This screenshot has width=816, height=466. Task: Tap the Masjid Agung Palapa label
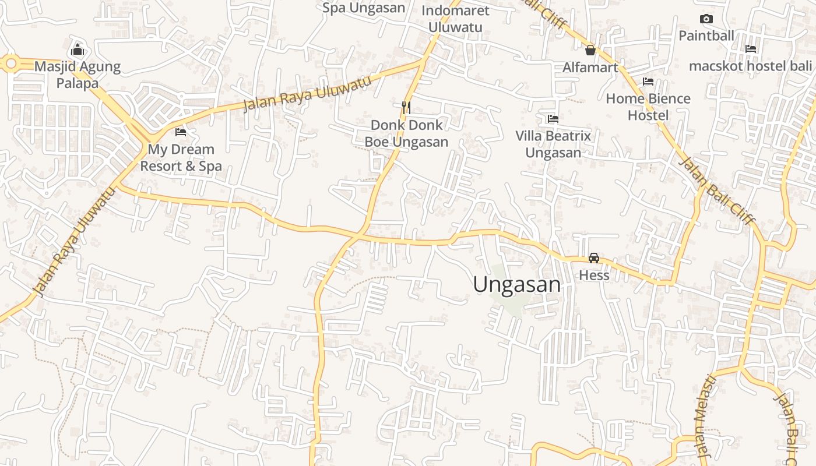coord(78,75)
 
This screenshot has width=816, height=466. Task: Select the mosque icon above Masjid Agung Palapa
coord(78,50)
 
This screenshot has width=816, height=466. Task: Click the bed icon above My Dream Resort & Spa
coord(181,132)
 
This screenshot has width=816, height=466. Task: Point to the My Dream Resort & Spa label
coord(181,158)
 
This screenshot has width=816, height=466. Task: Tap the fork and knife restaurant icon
coord(406,107)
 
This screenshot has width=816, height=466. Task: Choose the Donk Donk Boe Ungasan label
coord(406,133)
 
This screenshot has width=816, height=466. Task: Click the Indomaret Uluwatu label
coord(455,19)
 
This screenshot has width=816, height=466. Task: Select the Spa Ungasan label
coord(364,8)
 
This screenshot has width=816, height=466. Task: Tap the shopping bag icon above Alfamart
coord(590,50)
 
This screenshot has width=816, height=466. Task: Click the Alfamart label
coord(590,68)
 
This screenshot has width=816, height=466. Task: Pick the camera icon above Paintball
coord(706,19)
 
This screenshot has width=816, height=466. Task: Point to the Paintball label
coord(706,36)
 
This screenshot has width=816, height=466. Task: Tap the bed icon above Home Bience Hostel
coord(648,82)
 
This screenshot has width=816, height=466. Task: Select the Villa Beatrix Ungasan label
coord(553,144)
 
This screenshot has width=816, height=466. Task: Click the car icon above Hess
coord(594,257)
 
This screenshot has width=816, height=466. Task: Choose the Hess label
coord(594,275)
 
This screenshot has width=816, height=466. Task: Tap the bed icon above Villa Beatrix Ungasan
coord(553,119)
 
